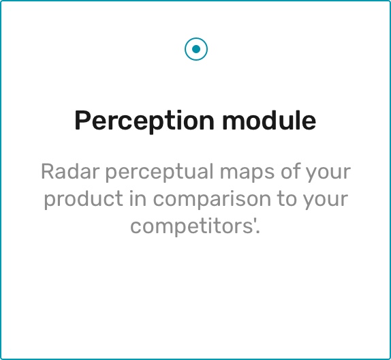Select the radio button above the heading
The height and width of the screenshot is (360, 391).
(196, 49)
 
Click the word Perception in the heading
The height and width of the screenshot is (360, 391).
(144, 121)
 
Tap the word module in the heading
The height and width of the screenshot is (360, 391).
(269, 120)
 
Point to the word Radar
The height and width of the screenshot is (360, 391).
(70, 172)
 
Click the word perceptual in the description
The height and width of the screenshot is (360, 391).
(159, 172)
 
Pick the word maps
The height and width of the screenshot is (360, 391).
(247, 172)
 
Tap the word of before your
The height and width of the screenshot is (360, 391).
(290, 171)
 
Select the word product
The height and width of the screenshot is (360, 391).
(84, 200)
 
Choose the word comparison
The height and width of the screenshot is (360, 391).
(212, 200)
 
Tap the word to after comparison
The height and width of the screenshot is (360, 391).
(287, 200)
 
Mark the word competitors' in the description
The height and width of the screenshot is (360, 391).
(192, 226)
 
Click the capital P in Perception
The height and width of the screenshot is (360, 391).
(82, 120)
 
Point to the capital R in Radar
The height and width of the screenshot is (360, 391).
(47, 172)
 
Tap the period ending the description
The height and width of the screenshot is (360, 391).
(258, 232)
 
